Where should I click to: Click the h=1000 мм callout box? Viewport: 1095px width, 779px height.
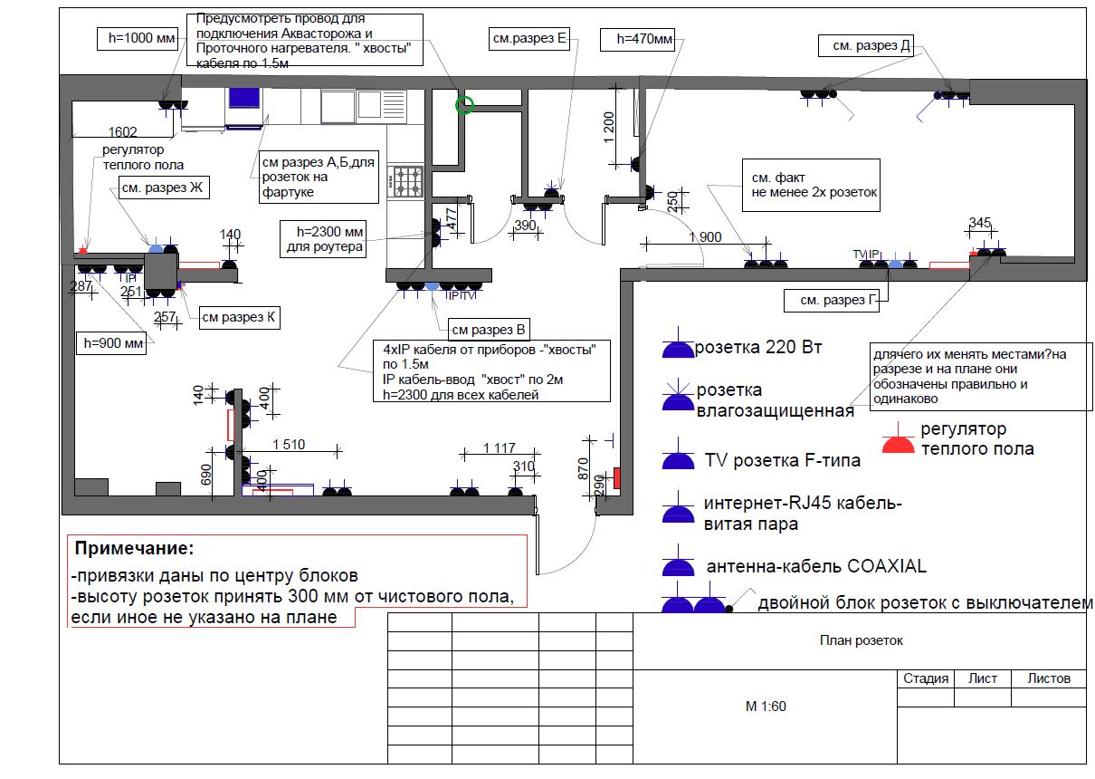tap(136, 38)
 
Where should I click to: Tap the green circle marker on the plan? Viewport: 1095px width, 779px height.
tap(464, 105)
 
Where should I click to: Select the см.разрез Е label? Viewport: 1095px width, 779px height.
tap(529, 38)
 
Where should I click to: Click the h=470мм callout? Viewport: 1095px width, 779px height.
tap(644, 39)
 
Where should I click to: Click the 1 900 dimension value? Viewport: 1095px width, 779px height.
tap(705, 237)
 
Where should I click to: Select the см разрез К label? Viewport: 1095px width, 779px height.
tap(239, 318)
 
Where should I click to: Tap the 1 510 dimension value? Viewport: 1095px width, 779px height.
tap(290, 444)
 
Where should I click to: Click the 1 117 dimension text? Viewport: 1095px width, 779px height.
tap(499, 447)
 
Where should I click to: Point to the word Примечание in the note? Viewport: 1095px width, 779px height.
tap(134, 549)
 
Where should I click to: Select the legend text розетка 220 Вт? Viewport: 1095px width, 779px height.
tap(759, 347)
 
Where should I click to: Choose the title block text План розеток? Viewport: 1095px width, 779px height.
tap(861, 640)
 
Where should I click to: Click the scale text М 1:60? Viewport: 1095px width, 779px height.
tap(766, 707)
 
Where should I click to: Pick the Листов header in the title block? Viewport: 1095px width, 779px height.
tap(1049, 678)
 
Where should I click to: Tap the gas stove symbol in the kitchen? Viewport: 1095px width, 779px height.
tap(406, 181)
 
